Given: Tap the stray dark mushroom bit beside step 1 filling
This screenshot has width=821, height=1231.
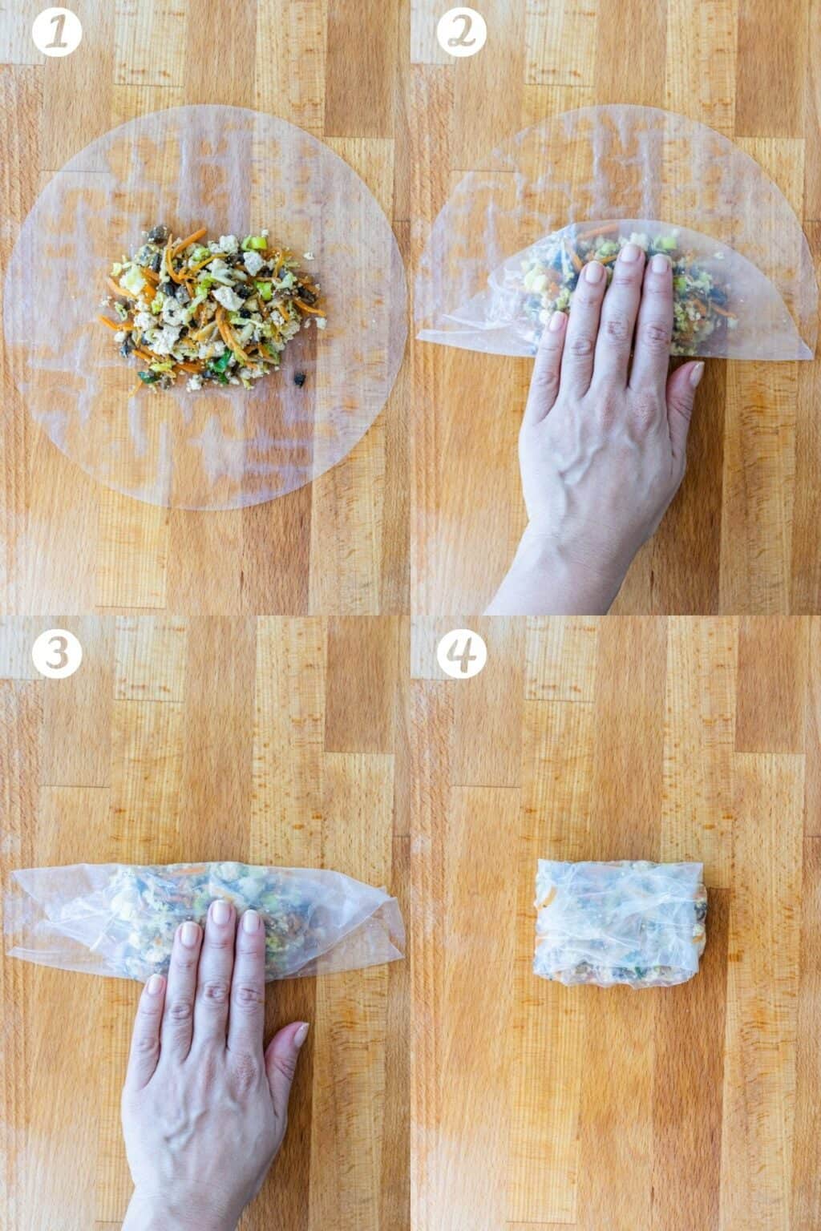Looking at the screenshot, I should [300, 378].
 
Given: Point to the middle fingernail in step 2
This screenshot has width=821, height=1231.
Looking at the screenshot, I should [631, 254].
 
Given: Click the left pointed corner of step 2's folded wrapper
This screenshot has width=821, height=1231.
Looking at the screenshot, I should [420, 337].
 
